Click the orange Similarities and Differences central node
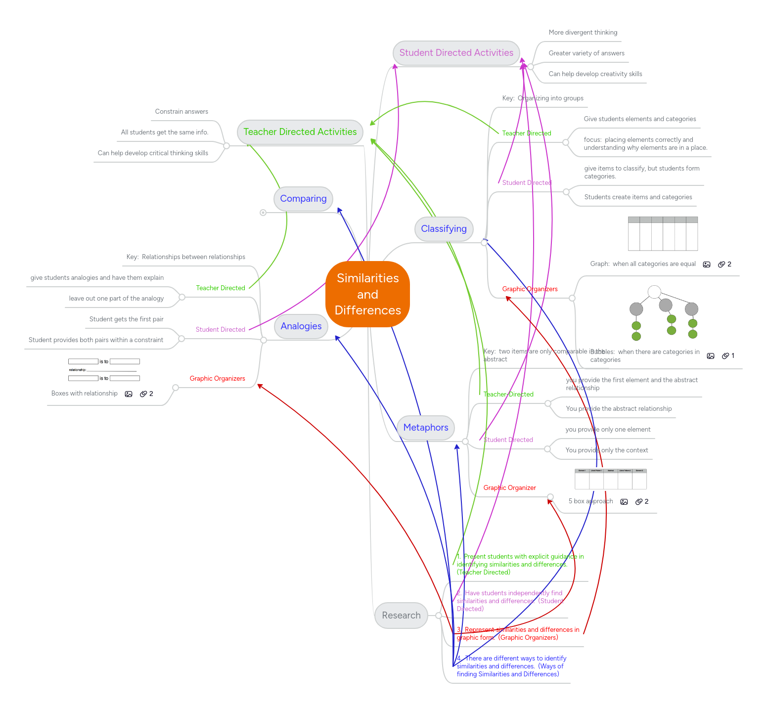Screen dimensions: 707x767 pyautogui.click(x=367, y=294)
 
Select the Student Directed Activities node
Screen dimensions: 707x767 pyautogui.click(x=456, y=53)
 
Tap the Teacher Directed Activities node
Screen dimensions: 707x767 pyautogui.click(x=300, y=132)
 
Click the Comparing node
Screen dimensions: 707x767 pyautogui.click(x=303, y=199)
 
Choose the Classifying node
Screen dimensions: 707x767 pyautogui.click(x=444, y=229)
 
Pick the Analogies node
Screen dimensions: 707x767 pyautogui.click(x=301, y=326)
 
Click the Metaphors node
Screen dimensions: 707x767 pyautogui.click(x=425, y=428)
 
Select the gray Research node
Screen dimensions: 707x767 pyautogui.click(x=401, y=616)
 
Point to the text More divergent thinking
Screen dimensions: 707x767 pyautogui.click(x=583, y=33)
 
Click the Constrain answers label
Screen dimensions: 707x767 pyautogui.click(x=181, y=112)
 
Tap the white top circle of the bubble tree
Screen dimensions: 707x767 pyautogui.click(x=654, y=292)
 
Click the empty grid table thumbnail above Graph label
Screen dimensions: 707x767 pyautogui.click(x=663, y=233)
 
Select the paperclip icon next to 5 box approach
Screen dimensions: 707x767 pyautogui.click(x=639, y=502)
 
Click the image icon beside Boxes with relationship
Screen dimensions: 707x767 pyautogui.click(x=129, y=394)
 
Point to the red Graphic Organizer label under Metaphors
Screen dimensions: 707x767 pyautogui.click(x=509, y=488)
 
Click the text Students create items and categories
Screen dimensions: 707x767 pyautogui.click(x=638, y=197)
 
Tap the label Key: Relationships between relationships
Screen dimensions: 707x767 pyautogui.click(x=185, y=257)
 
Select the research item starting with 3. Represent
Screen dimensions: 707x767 pyautogui.click(x=517, y=633)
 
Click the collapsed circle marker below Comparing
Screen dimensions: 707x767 pyautogui.click(x=263, y=213)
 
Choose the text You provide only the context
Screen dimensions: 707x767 pyautogui.click(x=606, y=450)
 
